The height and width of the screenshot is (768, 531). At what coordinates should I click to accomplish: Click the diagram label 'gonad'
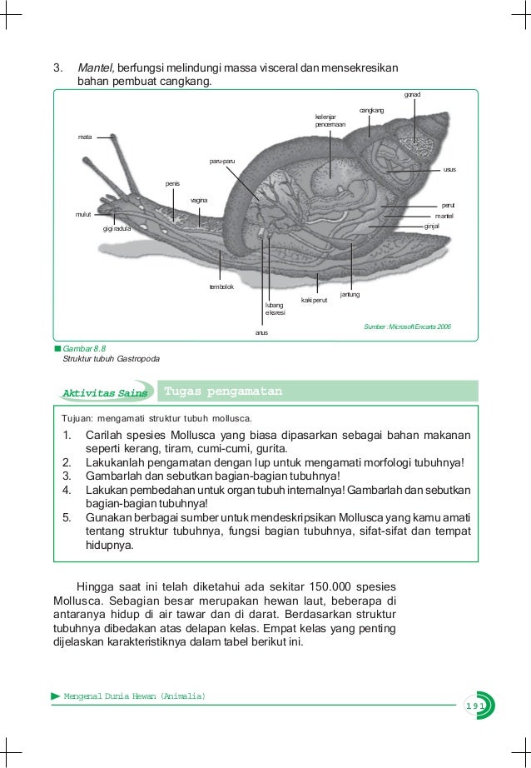click(412, 94)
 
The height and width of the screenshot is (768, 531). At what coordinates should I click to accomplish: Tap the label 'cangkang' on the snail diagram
click(371, 110)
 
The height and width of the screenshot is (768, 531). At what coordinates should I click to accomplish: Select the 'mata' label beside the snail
click(84, 136)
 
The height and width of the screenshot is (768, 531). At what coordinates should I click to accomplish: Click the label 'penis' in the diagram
click(172, 183)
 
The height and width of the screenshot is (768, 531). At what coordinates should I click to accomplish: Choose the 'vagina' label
click(199, 201)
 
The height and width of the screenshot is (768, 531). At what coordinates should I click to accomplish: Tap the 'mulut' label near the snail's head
click(82, 214)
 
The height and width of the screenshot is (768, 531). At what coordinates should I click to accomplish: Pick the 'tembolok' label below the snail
click(221, 287)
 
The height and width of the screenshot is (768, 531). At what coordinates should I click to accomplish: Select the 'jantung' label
click(350, 294)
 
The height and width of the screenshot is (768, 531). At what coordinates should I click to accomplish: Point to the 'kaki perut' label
click(314, 299)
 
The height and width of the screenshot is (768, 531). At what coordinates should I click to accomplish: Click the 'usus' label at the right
click(449, 169)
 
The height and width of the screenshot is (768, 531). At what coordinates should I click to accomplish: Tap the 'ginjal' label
click(432, 225)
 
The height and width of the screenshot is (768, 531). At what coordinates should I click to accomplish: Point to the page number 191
click(475, 706)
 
